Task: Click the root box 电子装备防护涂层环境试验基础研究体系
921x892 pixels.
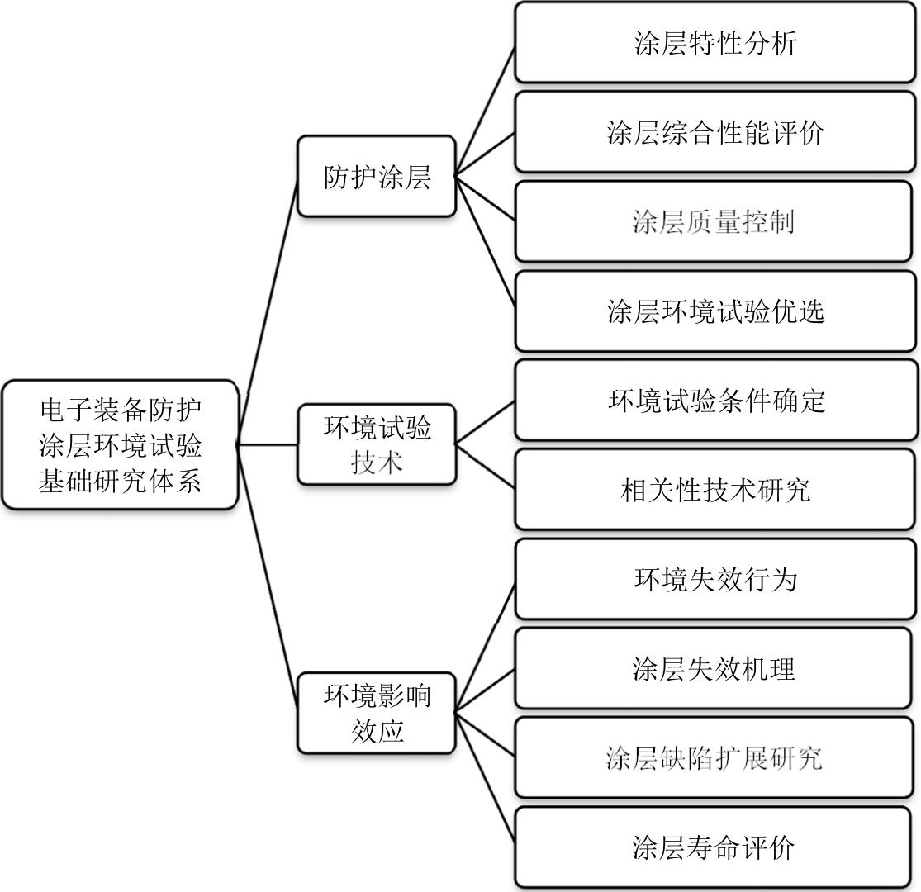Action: coord(120,445)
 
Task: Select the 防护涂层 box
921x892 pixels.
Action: coord(377,177)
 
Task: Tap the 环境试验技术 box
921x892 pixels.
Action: coord(377,444)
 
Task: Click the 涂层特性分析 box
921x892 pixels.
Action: coord(715,43)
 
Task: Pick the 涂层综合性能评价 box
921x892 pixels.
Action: coord(715,132)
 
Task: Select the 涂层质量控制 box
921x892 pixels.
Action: coord(715,222)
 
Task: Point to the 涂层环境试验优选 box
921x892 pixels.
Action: coord(715,311)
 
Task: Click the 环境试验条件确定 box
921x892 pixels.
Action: coord(715,401)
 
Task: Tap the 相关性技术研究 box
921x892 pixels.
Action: coord(715,491)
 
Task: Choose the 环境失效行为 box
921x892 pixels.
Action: coord(715,580)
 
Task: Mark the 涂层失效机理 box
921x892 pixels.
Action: coord(715,669)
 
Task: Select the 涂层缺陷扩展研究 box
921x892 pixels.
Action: coord(715,758)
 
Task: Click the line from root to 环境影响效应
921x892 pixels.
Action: coord(268,578)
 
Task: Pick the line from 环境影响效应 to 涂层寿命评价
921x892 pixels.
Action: coord(486,778)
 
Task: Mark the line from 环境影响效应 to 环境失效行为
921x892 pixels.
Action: coord(486,646)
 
